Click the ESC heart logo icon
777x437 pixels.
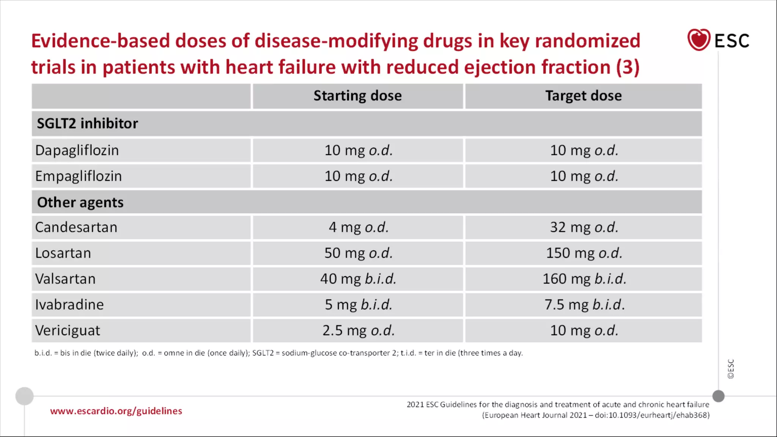(x=698, y=40)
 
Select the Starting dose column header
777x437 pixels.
(x=357, y=96)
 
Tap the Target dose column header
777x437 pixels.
(x=583, y=96)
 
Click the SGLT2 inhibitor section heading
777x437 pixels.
(x=87, y=124)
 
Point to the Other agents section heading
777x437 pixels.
(x=80, y=203)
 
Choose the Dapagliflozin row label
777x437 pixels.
(x=77, y=151)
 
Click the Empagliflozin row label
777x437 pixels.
(x=79, y=176)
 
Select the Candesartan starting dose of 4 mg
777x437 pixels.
(x=358, y=228)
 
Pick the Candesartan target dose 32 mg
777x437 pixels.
(x=584, y=228)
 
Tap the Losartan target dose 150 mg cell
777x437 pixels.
(x=584, y=253)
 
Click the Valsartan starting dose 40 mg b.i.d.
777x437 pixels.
(x=358, y=279)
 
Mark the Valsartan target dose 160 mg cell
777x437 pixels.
(x=584, y=279)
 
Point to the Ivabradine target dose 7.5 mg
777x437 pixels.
(x=584, y=305)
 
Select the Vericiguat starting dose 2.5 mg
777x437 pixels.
(x=358, y=331)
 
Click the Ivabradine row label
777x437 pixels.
(x=69, y=305)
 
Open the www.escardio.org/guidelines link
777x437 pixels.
(x=116, y=411)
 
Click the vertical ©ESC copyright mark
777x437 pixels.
(x=731, y=369)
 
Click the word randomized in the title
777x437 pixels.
(x=587, y=41)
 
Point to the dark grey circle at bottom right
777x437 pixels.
(x=718, y=396)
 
